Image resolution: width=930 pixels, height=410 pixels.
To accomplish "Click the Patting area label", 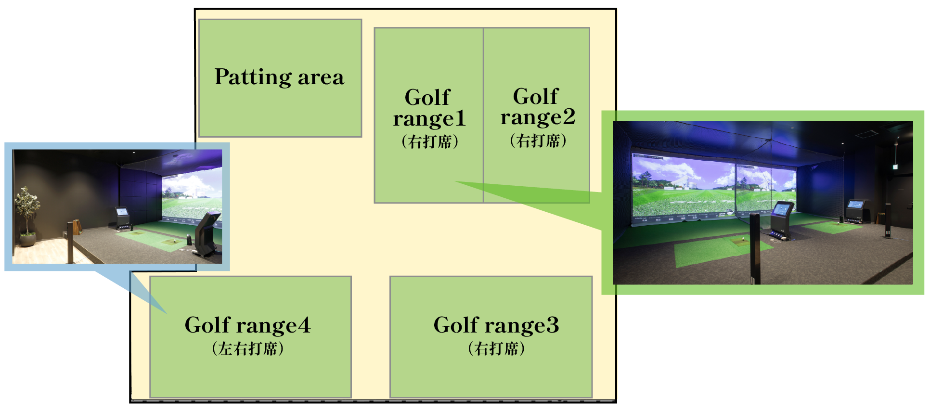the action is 279,77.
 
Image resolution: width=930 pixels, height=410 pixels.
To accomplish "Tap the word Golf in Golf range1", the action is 427,97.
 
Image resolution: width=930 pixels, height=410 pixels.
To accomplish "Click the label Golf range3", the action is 496,325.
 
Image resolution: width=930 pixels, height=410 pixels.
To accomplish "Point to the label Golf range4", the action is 248,325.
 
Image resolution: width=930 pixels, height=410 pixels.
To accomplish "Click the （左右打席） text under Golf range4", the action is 248,348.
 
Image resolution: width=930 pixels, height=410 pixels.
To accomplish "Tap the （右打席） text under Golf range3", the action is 496,348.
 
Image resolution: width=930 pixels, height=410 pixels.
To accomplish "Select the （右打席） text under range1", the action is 430,141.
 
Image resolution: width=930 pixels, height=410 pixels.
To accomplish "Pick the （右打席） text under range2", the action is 538,141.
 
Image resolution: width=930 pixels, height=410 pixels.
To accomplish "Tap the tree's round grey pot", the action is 28,240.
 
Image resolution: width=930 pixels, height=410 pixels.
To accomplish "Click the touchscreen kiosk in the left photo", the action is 122,218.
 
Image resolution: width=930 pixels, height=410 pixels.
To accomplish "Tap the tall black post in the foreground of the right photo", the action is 754,248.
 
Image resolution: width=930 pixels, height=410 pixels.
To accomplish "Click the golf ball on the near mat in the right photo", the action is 743,238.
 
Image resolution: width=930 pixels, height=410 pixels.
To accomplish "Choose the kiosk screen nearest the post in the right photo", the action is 782,210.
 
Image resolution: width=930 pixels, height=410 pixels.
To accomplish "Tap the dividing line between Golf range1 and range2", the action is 483,115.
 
